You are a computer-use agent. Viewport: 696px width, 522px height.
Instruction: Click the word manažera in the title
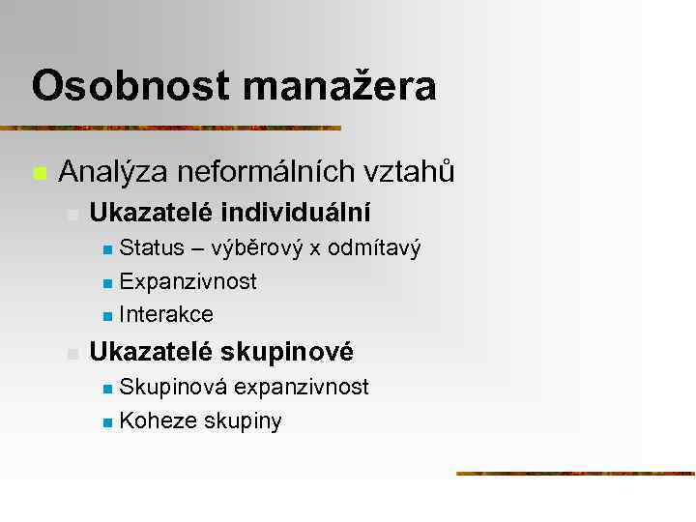[x=339, y=85]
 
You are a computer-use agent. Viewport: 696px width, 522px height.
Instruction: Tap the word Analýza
[x=109, y=172]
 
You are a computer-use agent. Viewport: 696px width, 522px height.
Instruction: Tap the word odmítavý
[x=374, y=249]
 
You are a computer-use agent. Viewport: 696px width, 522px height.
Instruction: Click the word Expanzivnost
[x=188, y=281]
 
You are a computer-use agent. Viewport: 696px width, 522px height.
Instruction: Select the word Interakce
[x=166, y=314]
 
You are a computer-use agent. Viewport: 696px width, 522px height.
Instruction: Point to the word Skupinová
[x=173, y=388]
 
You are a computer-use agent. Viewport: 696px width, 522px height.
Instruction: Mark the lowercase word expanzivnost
[x=302, y=389]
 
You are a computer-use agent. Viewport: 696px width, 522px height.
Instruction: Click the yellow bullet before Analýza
[x=40, y=174]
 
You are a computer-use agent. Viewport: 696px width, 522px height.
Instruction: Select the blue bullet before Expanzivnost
[x=107, y=283]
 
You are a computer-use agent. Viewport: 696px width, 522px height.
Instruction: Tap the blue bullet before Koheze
[x=107, y=422]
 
